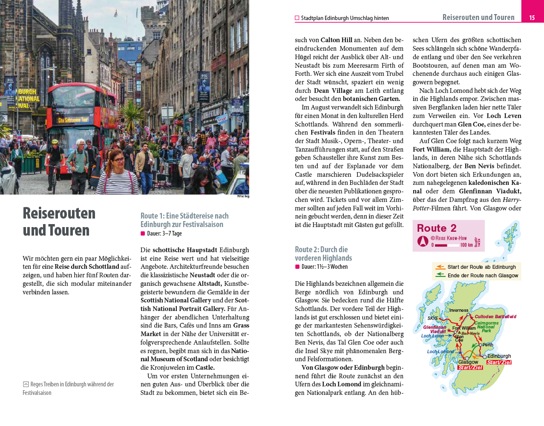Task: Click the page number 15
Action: click(x=532, y=17)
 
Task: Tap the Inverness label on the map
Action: click(x=458, y=310)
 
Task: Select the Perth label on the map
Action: click(x=488, y=345)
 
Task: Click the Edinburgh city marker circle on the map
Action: click(x=485, y=357)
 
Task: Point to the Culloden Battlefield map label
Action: click(x=495, y=317)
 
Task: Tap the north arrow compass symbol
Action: click(x=423, y=241)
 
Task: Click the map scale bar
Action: click(x=446, y=245)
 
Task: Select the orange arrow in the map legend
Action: click(x=440, y=267)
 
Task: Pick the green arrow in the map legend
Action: click(x=440, y=275)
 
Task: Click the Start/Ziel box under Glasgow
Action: click(x=470, y=367)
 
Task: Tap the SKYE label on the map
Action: click(x=432, y=318)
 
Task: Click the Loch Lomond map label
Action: click(x=440, y=351)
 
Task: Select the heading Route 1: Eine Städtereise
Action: click(x=184, y=220)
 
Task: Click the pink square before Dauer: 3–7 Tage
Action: click(x=143, y=233)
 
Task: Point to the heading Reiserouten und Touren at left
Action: click(x=59, y=222)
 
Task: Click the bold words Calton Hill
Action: click(x=336, y=40)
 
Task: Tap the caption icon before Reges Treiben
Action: click(x=26, y=384)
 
